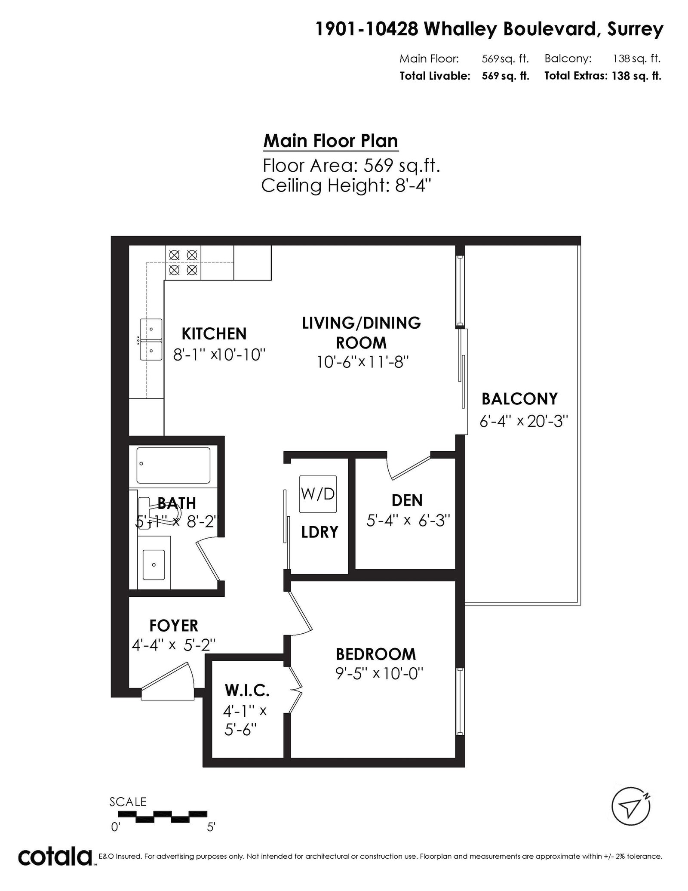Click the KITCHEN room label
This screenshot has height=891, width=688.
214,334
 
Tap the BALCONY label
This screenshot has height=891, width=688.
519,399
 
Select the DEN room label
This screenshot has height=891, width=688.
407,500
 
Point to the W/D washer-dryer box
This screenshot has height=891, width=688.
318,494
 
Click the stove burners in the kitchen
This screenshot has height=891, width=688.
183,262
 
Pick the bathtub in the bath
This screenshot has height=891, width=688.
173,465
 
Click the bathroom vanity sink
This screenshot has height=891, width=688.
154,564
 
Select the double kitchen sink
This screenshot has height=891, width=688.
151,339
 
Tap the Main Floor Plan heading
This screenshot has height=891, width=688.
331,141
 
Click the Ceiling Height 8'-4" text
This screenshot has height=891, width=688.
346,186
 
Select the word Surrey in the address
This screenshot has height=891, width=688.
635,30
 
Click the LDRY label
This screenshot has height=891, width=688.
319,532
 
